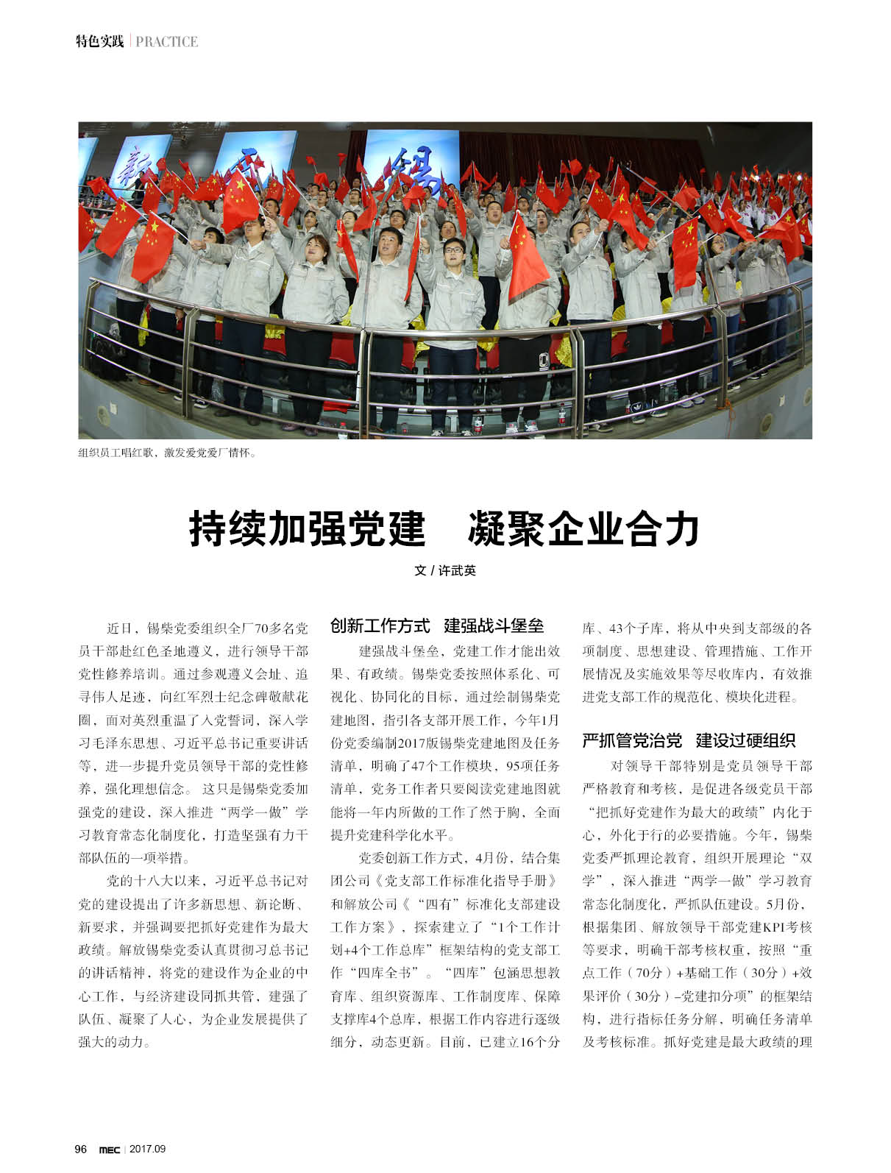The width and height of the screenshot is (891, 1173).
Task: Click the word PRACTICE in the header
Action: [x=167, y=41]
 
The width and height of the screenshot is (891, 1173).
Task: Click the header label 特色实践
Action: [x=101, y=41]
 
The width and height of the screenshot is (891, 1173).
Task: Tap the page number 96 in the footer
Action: [x=81, y=1149]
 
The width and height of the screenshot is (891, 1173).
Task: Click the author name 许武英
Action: [x=456, y=570]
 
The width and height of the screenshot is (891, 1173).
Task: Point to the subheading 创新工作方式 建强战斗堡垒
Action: [x=437, y=626]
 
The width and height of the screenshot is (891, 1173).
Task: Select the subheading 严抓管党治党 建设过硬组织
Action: [x=689, y=740]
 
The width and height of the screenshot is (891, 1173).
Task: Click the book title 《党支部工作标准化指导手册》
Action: [x=465, y=881]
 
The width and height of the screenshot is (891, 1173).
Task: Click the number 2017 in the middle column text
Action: [x=415, y=721]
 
